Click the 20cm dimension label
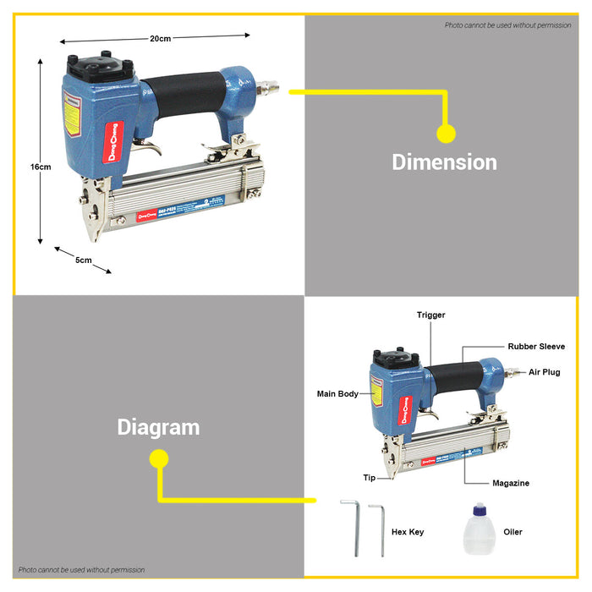pos(161,39)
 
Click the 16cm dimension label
pos(41,167)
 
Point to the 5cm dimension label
pos(83,260)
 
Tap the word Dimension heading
pos(444,162)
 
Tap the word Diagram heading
pos(158,427)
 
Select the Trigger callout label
pos(430,315)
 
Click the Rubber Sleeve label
pos(536,346)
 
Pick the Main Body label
pos(337,393)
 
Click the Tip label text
pos(369,478)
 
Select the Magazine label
pos(511,483)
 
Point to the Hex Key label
pos(408,532)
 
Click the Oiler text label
pos(513,532)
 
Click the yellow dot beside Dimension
pos(446,133)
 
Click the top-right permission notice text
pos(507,25)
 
